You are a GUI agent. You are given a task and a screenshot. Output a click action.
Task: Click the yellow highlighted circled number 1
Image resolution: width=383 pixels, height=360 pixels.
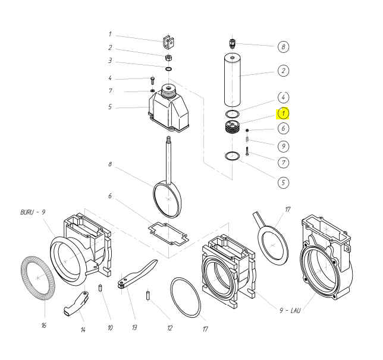pyautogui.click(x=284, y=112)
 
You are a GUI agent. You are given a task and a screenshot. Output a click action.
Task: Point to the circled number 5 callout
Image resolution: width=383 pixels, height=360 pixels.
pyautogui.click(x=284, y=182)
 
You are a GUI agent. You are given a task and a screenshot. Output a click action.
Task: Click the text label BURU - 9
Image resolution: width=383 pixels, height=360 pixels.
pyautogui.click(x=32, y=211)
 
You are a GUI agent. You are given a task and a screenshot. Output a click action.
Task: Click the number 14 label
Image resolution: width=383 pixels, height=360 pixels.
pyautogui.click(x=83, y=330)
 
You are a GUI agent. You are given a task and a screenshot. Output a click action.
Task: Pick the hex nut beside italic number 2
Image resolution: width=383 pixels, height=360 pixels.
pyautogui.click(x=169, y=58)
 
